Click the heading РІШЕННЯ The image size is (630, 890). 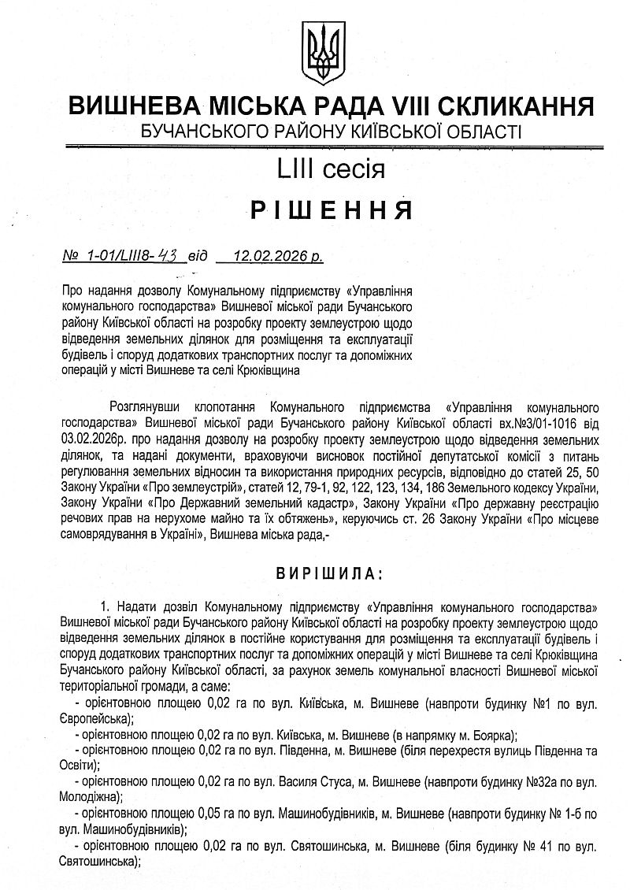click(332, 210)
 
